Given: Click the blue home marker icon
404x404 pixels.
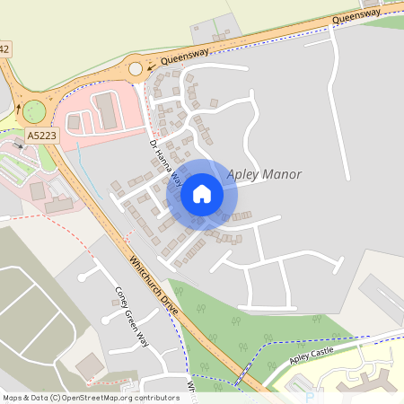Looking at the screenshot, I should click(202, 193).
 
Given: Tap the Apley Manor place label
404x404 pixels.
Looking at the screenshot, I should click(264, 174).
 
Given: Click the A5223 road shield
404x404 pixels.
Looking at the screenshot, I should click(40, 135).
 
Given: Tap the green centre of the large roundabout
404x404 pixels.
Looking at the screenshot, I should click(33, 111).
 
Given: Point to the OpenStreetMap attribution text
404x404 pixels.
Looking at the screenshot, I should click(90, 397).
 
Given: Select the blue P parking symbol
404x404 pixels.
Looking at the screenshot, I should click(310, 396).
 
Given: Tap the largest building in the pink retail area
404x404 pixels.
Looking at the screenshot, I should click(105, 110).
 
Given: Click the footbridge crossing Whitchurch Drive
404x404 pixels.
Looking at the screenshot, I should click(243, 373).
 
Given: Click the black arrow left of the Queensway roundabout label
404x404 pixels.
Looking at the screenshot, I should click(151, 67).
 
